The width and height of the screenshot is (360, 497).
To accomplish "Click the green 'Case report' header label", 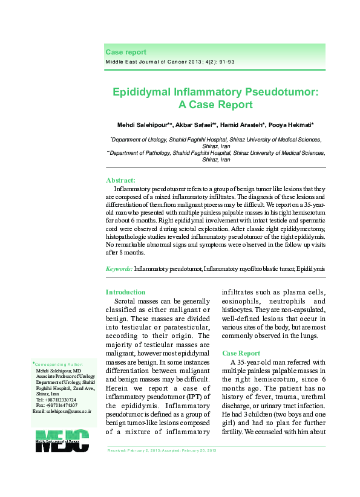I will (126, 53).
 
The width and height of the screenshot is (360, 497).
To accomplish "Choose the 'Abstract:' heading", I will (120, 180).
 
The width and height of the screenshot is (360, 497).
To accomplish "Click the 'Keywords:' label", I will (119, 268).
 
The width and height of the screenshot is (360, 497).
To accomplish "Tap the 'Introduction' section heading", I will (125, 292).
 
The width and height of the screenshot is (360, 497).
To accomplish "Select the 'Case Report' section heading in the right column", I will (241, 352).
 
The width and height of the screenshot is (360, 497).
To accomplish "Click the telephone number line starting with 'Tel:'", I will (56, 400).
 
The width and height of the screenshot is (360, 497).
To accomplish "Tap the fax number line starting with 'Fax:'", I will (56, 405).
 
